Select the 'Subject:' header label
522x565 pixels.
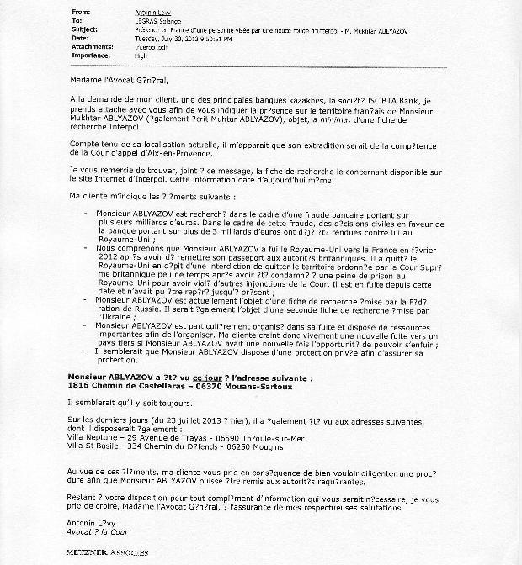pos(85,24)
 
